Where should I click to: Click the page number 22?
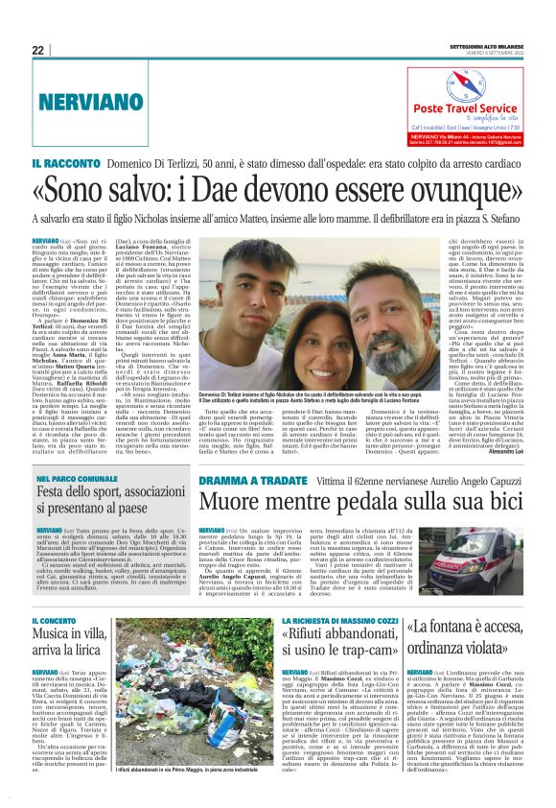click(x=38, y=50)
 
